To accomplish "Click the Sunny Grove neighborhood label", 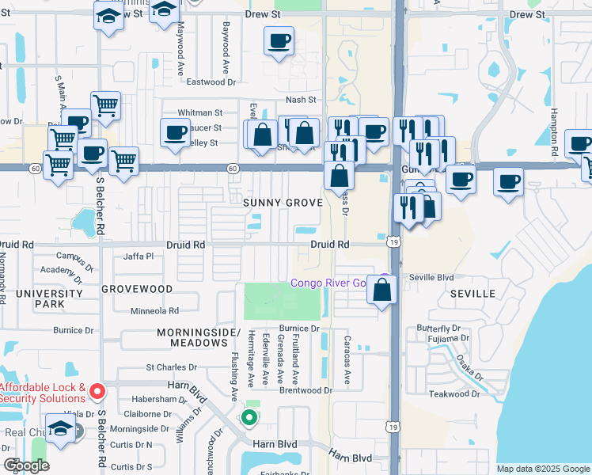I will tap(283, 203).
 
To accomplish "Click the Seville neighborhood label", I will tap(473, 294).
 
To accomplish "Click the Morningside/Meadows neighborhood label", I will tap(198, 336).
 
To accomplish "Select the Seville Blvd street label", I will tap(431, 277).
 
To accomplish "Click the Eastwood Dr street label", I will tap(210, 82).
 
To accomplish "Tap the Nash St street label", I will tap(301, 100).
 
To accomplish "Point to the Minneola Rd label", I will tap(155, 311).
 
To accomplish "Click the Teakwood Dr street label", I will tap(454, 393).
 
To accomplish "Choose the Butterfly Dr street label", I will tap(438, 328).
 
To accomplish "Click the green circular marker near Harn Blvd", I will tap(249, 416).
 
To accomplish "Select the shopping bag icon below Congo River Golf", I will tap(381, 291).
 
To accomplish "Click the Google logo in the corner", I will tap(26, 465).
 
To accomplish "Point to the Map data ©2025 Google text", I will tap(543, 469).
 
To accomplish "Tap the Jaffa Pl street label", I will tap(139, 256).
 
